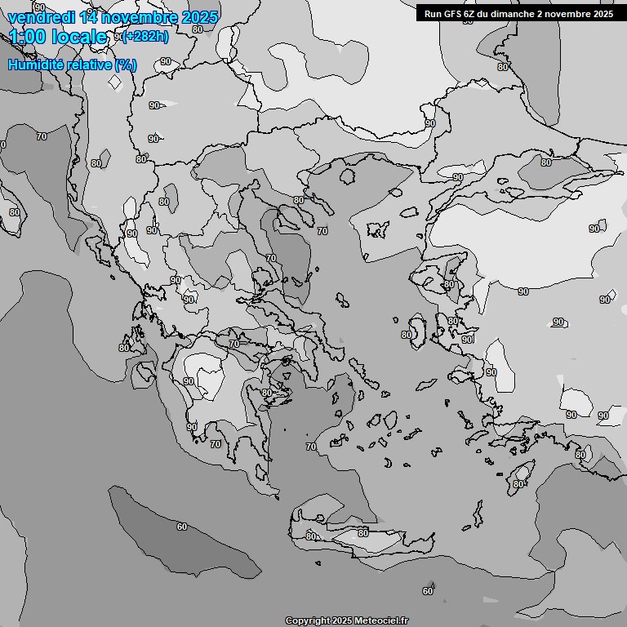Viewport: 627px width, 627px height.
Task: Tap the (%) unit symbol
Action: point(126,65)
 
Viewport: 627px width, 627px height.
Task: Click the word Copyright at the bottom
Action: point(306,620)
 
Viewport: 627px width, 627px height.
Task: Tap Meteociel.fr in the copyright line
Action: point(381,620)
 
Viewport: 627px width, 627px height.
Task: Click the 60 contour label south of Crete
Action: point(428,591)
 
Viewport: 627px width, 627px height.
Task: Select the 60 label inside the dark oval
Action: point(181,527)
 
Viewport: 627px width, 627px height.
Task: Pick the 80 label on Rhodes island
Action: point(518,484)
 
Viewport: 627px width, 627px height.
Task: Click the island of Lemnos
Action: point(378,228)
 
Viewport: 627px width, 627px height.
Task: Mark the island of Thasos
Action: point(349,176)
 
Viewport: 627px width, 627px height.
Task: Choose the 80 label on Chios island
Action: point(407,335)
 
